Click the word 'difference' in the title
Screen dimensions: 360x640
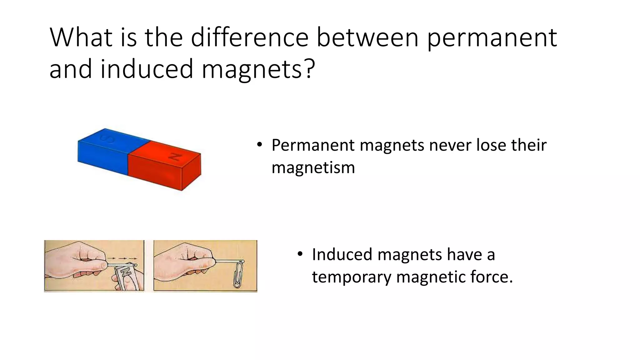[249, 37]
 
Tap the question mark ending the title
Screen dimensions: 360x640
[309, 69]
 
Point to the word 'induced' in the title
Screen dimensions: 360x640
[147, 69]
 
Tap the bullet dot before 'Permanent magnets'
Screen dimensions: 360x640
[259, 144]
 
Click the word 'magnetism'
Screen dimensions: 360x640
[313, 168]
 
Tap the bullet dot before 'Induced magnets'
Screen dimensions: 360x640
[300, 254]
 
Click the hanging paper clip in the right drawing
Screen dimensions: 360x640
[238, 274]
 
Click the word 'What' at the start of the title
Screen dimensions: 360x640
[81, 37]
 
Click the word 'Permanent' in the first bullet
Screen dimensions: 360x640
[313, 145]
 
